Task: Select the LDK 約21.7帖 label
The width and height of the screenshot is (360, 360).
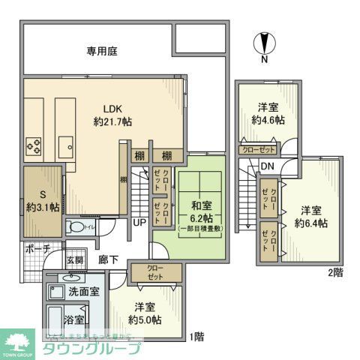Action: click(x=112, y=115)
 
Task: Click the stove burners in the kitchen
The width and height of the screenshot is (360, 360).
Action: click(x=34, y=143)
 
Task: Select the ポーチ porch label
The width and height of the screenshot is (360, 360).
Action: click(x=37, y=249)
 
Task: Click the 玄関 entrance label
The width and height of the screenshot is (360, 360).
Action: click(x=76, y=259)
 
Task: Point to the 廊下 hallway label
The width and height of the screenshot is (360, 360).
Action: click(x=109, y=259)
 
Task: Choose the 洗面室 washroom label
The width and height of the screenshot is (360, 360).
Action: click(x=85, y=291)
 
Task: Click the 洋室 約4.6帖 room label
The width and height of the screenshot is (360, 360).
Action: click(x=268, y=114)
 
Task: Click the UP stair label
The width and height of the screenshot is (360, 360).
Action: click(x=140, y=223)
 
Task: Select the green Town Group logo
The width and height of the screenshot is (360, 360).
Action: click(x=19, y=343)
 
